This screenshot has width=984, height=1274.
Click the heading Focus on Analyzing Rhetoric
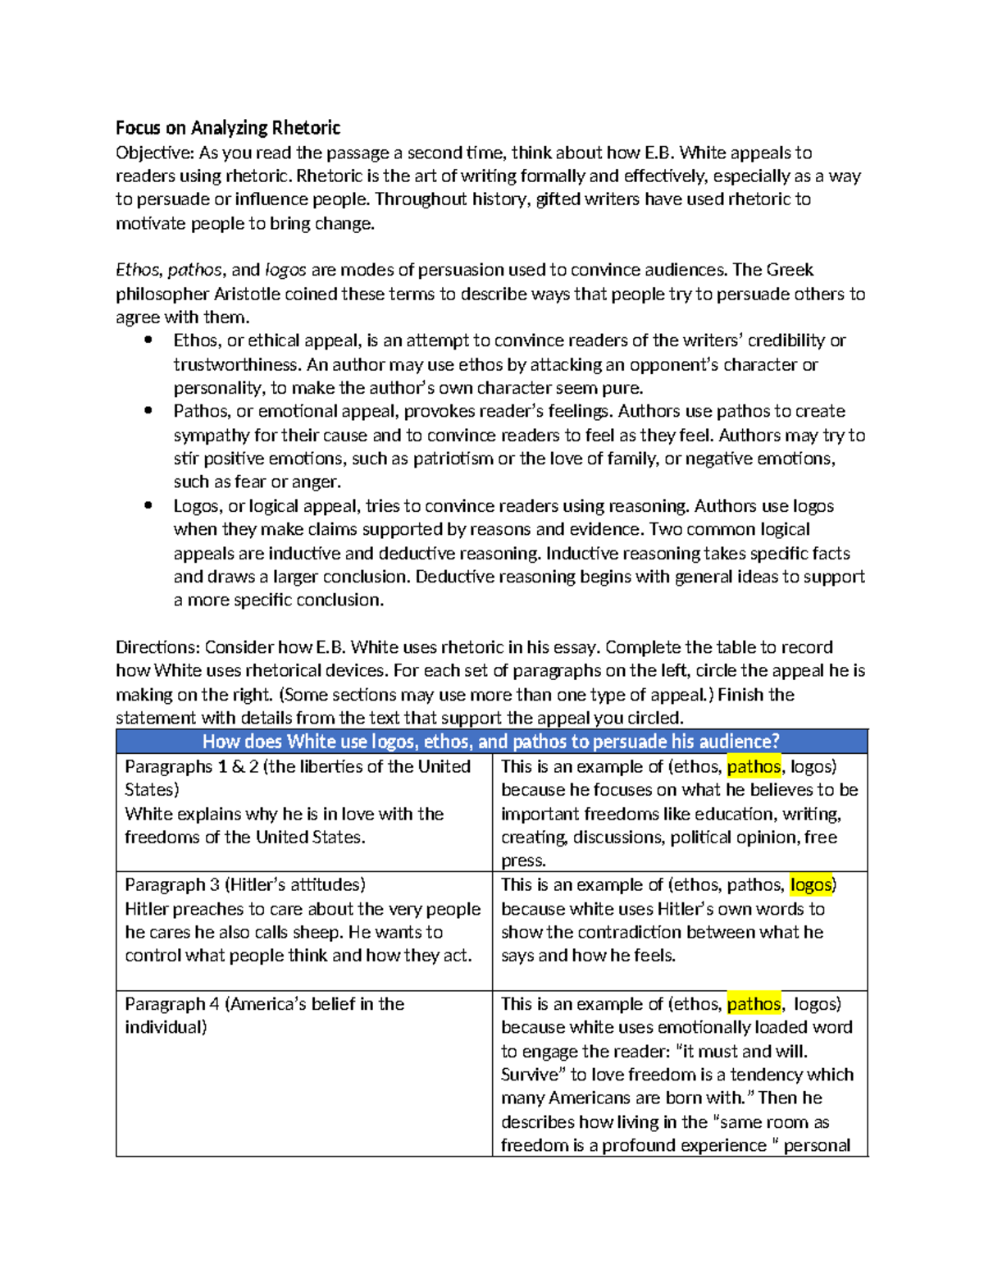(x=227, y=128)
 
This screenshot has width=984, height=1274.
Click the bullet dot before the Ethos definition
(x=148, y=340)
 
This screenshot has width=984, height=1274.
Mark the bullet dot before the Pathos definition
(x=148, y=411)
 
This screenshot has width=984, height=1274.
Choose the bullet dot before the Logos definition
(x=148, y=505)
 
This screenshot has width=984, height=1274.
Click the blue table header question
(x=490, y=742)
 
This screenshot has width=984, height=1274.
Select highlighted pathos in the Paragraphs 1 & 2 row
(x=754, y=767)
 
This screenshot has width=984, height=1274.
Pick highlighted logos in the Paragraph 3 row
(x=811, y=885)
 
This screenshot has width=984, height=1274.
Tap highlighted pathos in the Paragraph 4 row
(x=754, y=1004)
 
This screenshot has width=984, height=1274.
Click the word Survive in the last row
(x=529, y=1075)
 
